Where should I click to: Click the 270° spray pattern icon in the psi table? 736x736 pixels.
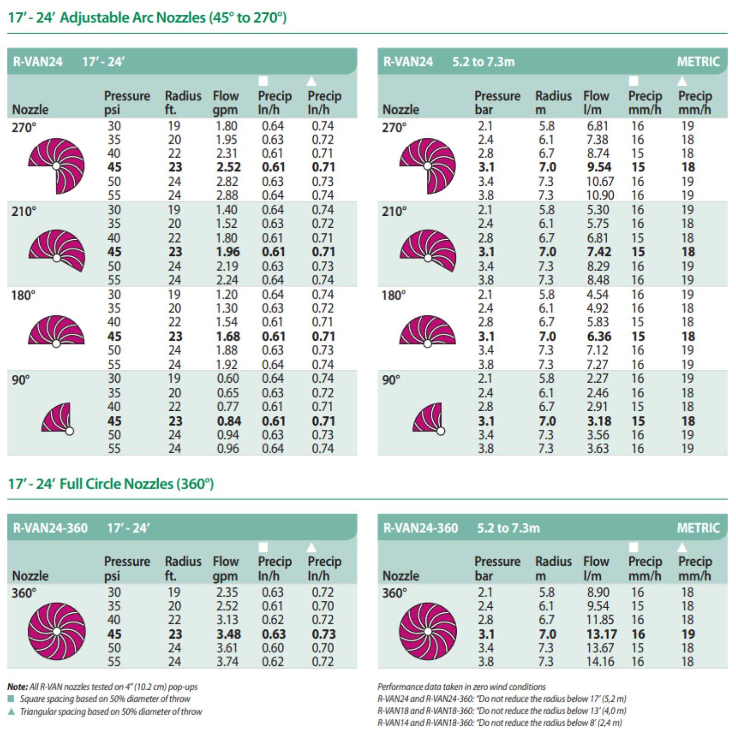(57, 166)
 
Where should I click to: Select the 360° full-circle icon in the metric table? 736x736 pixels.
(428, 631)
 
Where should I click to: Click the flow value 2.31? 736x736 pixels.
(227, 153)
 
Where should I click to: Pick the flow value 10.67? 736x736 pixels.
(600, 182)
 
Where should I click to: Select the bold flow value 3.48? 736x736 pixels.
(229, 634)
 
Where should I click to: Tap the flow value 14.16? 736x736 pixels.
(600, 661)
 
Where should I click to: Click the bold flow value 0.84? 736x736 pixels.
(229, 421)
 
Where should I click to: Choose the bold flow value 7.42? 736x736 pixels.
(599, 252)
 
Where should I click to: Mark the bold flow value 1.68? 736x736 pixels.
(228, 336)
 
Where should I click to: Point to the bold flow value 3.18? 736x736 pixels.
(599, 421)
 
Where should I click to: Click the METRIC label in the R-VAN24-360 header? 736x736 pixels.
(698, 528)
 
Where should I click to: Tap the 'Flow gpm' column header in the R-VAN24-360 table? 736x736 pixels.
(225, 569)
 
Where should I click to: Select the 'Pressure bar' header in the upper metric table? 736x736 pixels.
(497, 103)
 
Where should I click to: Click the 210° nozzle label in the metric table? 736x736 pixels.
(394, 212)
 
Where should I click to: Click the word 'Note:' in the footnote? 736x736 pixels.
(17, 687)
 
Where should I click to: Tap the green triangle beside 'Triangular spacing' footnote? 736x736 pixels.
(11, 712)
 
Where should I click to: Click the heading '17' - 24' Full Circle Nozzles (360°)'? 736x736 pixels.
(111, 484)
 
